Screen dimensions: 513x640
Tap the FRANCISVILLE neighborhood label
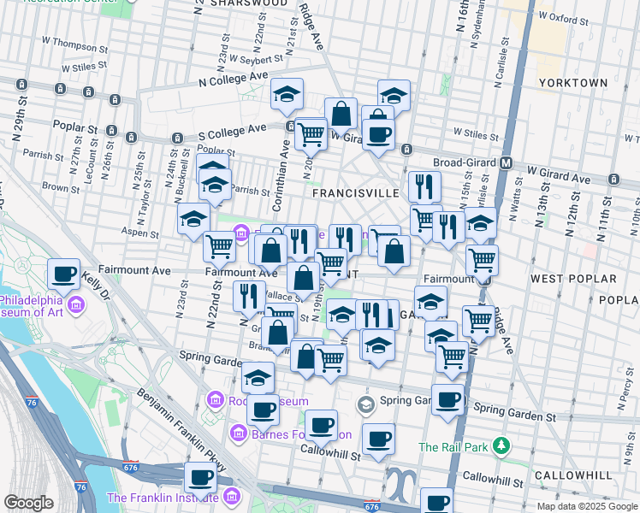click(355, 193)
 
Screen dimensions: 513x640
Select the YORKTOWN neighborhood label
click(573, 83)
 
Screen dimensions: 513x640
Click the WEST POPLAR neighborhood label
click(572, 279)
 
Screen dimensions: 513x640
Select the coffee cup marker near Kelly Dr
click(64, 274)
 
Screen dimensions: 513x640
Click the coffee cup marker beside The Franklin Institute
click(201, 477)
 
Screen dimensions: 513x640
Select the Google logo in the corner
click(27, 503)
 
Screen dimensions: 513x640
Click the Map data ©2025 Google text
click(588, 506)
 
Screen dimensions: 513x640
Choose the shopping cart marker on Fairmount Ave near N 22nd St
click(220, 246)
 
